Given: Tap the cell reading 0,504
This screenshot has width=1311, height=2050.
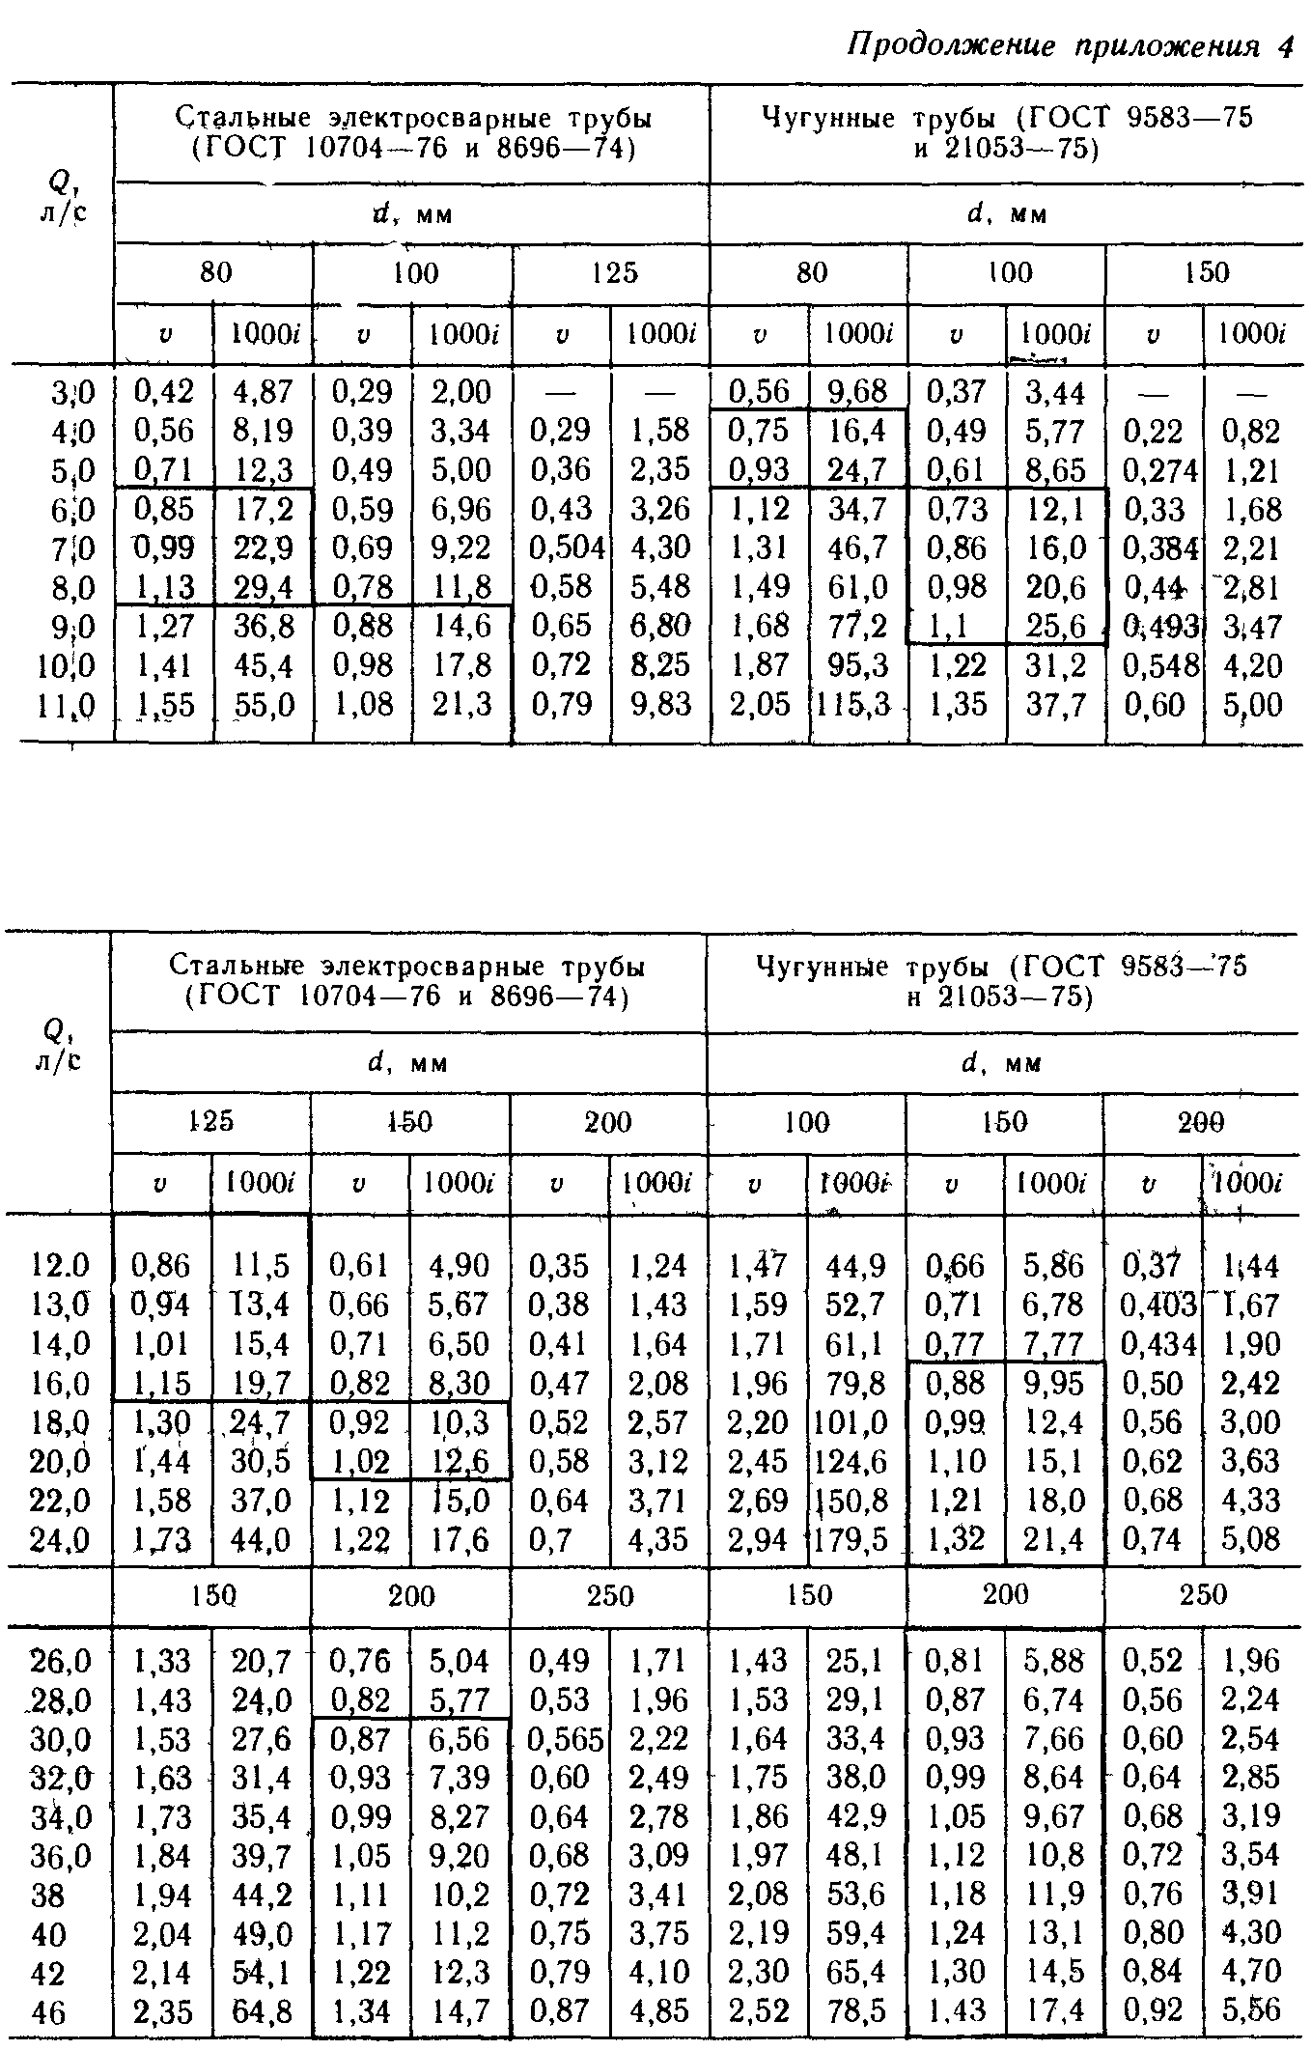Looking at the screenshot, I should tap(567, 548).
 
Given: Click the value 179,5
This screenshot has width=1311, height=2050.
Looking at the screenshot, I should tap(851, 1539).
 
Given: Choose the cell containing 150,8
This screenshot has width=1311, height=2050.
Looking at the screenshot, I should tap(851, 1501).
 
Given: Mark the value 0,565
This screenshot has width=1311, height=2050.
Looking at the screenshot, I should tap(566, 1738).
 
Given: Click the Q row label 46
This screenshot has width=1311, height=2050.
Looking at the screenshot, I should tap(49, 2012).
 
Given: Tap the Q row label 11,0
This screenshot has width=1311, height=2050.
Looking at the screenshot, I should tap(68, 706).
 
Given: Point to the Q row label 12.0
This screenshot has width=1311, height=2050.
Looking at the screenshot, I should tap(60, 1265).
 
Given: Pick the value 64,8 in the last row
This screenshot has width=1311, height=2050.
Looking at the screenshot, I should tap(263, 2012).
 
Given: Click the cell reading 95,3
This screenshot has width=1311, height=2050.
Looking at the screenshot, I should tap(858, 665).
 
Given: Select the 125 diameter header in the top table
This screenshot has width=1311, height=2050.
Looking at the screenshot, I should tap(615, 273).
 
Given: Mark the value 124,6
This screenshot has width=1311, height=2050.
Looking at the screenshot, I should tap(851, 1461).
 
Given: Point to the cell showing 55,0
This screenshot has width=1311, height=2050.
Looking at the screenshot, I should tap(264, 705).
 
